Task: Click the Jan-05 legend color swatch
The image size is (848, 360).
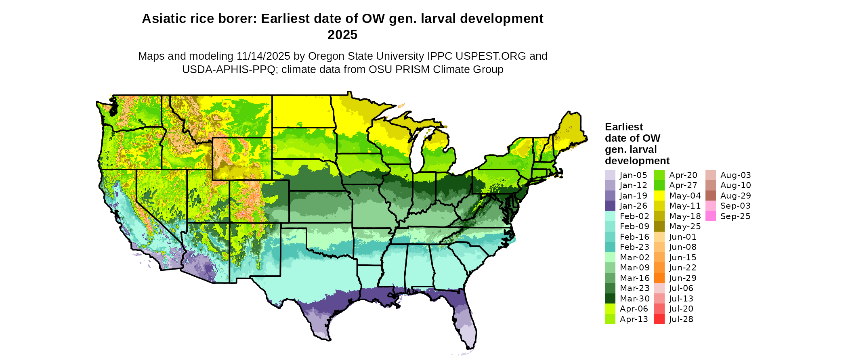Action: point(610,175)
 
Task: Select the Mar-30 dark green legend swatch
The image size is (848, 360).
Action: point(610,299)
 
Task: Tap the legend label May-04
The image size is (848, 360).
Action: point(685,196)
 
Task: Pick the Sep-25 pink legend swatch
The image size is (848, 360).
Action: point(711,216)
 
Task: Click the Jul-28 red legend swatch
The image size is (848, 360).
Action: point(659,319)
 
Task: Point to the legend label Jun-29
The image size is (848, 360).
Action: point(682,278)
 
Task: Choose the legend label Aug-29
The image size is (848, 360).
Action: point(735,196)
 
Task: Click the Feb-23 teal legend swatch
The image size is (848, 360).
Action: point(610,247)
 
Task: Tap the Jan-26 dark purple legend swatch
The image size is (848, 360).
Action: point(610,206)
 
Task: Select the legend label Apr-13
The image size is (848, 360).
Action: point(634,319)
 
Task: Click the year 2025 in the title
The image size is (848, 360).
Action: point(342,35)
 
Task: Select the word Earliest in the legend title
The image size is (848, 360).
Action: point(623,127)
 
